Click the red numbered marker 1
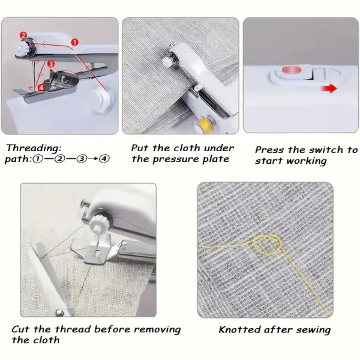[74, 42]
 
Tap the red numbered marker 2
[23, 35]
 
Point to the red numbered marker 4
[41, 87]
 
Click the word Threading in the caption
[34, 148]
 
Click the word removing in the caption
[157, 329]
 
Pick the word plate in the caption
[216, 159]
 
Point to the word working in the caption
[305, 161]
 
